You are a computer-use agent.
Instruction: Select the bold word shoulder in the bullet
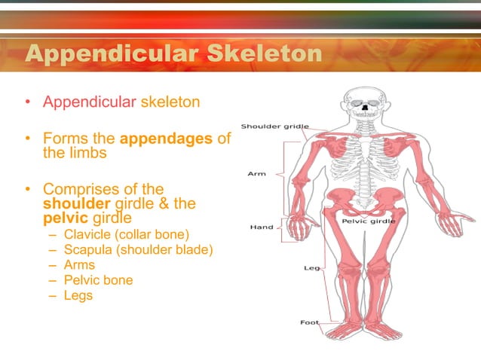tap(73, 203)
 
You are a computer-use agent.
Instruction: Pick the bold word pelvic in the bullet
tap(64, 218)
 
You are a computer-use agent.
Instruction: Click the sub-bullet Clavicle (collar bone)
tap(126, 234)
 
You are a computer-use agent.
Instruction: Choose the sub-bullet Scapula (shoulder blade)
tap(138, 249)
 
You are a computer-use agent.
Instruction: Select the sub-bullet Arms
tap(80, 264)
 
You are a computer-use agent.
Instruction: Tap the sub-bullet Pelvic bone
tap(98, 280)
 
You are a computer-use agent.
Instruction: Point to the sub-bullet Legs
tap(78, 295)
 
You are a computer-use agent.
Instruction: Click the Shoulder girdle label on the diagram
tap(274, 126)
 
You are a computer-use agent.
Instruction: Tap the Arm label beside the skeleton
tap(256, 174)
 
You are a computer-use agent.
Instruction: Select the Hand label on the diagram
tap(262, 227)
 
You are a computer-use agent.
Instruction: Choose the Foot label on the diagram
tap(309, 322)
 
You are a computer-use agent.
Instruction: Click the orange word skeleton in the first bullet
tap(170, 100)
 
